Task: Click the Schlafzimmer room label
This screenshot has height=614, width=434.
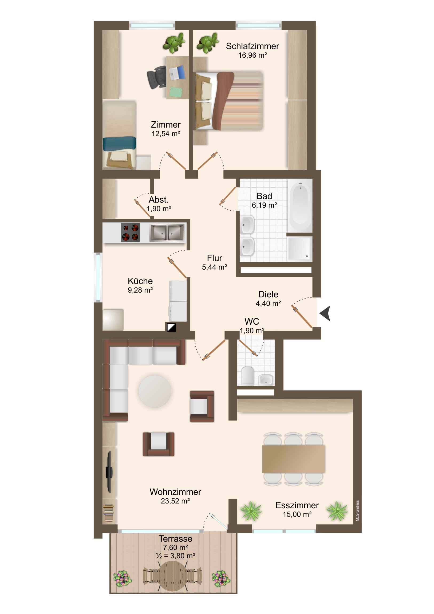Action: coord(252,46)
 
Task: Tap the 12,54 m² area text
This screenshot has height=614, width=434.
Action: coord(166,134)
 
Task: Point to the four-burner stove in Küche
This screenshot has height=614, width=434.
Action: coord(130,233)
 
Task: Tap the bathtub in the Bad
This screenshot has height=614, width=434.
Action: coord(300,205)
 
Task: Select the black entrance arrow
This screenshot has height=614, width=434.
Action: coord(325,313)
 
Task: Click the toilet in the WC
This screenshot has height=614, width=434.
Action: coord(247,376)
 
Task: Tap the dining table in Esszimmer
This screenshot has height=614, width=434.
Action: coord(293,459)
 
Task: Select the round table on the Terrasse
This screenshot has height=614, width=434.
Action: coord(172,576)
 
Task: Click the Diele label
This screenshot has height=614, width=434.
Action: coord(268,294)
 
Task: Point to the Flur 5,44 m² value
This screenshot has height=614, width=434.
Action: coord(214,267)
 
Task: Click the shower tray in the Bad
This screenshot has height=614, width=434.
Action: coord(300,249)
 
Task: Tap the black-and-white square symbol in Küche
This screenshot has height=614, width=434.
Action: coord(171,328)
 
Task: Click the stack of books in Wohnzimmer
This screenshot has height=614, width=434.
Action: coord(109,513)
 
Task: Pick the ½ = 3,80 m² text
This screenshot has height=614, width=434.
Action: coord(175,556)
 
